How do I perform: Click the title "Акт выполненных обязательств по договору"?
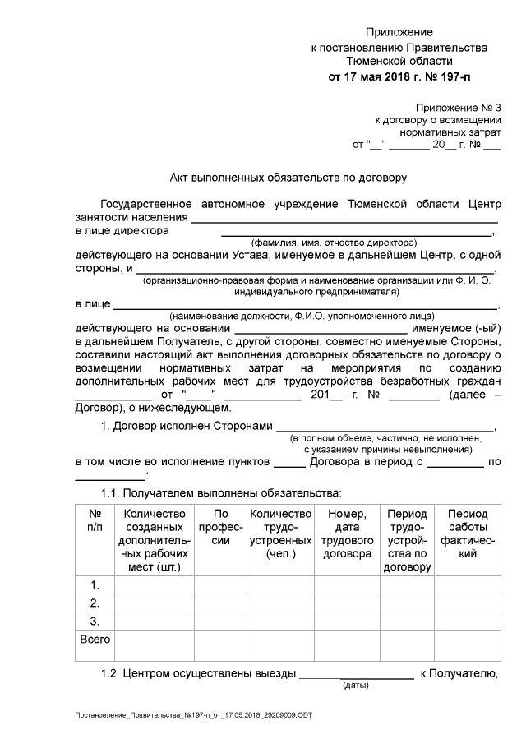tap(288, 177)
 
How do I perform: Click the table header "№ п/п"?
tap(95, 520)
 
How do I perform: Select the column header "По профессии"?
tap(219, 528)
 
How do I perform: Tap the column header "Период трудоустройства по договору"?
tap(407, 541)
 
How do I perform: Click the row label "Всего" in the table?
tap(95, 639)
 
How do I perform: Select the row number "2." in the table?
tap(95, 603)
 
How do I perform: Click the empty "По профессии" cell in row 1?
tap(219, 585)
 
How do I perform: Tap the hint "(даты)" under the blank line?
tap(355, 685)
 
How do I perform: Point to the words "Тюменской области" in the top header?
tap(399, 62)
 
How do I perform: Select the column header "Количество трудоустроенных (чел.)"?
tap(280, 534)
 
